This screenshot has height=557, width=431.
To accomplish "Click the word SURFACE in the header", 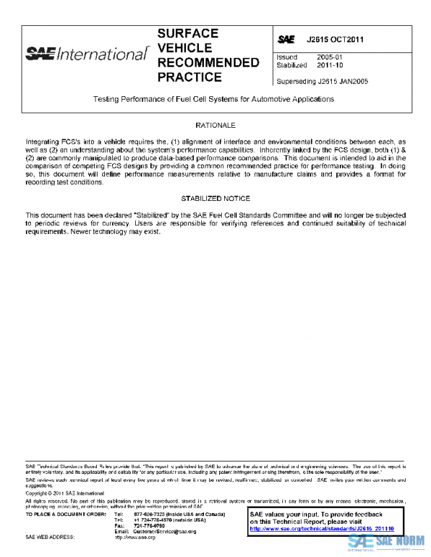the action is tap(187, 34).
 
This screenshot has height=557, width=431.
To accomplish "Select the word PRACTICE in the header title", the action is tap(190, 77).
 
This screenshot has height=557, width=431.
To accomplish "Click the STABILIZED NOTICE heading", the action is tap(215, 198).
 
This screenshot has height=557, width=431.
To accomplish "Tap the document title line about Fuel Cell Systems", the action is tap(215, 99).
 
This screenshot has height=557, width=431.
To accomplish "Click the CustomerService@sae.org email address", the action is tap(164, 530).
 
